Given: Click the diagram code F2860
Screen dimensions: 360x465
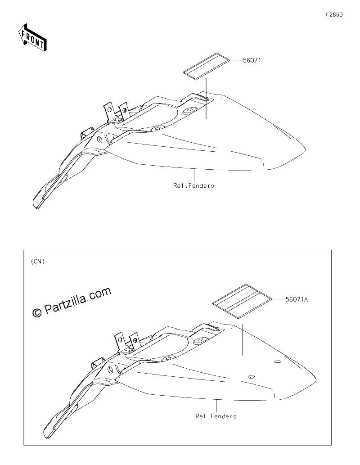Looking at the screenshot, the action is pos(334,14).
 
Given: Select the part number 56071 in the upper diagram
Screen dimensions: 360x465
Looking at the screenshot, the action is pos(252,60).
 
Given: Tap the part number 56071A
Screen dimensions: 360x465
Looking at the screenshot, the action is pos(297,299).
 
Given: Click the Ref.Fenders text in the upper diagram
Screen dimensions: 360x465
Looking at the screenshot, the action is pos(193,185).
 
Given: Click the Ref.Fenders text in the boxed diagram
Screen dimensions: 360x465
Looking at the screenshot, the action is pos(216,416).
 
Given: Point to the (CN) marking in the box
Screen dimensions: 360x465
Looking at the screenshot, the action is pos(38,261).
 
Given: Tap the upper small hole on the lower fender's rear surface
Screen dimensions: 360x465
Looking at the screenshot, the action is pos(278,362).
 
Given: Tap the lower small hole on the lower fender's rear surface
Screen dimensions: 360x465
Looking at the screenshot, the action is pos(252,377).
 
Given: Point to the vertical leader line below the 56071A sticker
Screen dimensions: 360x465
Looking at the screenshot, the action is pos(242,340).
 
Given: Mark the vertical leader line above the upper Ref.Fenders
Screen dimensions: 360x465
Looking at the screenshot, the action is pos(194,175).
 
